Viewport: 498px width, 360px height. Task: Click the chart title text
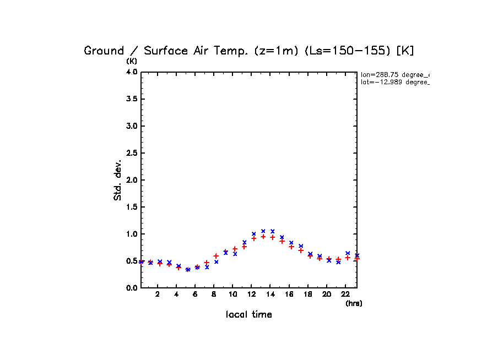click(248, 51)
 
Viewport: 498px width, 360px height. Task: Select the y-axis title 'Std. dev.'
click(118, 180)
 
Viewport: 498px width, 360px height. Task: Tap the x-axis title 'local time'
click(249, 315)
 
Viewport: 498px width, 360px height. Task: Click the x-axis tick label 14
click(270, 294)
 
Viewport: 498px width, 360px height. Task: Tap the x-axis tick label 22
click(345, 294)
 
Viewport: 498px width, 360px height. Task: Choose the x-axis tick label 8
click(214, 294)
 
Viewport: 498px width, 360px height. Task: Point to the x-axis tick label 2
click(158, 294)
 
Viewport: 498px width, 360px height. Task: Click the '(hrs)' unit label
click(354, 303)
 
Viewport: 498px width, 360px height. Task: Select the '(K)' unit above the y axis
click(132, 61)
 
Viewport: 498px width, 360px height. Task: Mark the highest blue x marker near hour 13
click(263, 231)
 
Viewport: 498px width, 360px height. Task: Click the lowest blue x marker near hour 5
click(188, 270)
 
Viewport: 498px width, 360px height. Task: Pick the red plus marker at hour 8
click(216, 256)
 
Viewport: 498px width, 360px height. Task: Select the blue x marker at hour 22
click(348, 253)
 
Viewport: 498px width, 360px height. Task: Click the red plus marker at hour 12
click(254, 238)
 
